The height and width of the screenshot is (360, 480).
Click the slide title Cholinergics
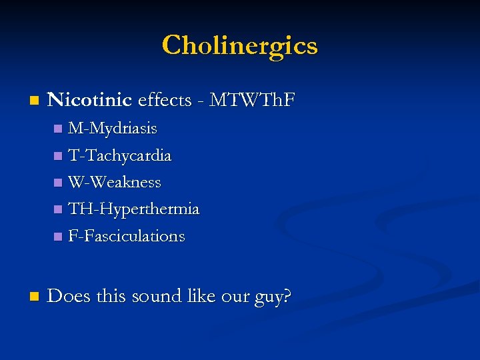[240, 45]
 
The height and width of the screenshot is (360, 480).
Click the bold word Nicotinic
[90, 100]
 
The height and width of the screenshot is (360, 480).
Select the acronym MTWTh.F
[252, 100]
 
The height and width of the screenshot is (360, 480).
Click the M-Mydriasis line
[113, 127]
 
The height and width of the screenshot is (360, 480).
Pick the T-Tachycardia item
[120, 155]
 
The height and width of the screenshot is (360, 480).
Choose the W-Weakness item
[115, 182]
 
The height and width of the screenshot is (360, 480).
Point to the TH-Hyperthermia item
[133, 209]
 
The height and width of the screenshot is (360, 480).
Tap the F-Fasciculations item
[127, 236]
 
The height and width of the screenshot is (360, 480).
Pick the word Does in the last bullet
[69, 295]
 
